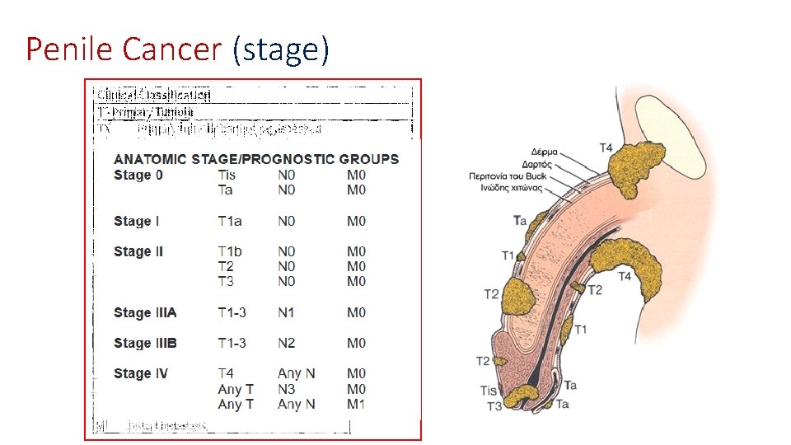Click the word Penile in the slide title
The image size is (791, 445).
click(x=70, y=49)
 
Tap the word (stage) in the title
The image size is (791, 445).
click(x=281, y=49)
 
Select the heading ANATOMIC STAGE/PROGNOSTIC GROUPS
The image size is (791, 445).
click(x=256, y=159)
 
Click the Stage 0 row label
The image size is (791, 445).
click(x=138, y=175)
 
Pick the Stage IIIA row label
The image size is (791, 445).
click(x=145, y=312)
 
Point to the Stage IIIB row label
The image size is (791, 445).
click(x=145, y=343)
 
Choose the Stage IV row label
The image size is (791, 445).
click(x=141, y=373)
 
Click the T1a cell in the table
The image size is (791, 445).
click(x=230, y=221)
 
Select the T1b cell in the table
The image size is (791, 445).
click(x=230, y=251)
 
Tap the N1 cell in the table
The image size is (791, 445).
click(x=286, y=312)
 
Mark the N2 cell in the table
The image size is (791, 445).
click(x=286, y=343)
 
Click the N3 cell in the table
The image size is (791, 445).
click(x=286, y=389)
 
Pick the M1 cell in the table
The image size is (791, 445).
click(x=356, y=404)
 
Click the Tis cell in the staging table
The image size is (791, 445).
click(x=227, y=175)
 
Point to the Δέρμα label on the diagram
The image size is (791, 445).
click(x=545, y=152)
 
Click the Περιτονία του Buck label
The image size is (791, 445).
click(x=508, y=176)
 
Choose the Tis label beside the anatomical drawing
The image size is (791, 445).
click(x=489, y=391)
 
